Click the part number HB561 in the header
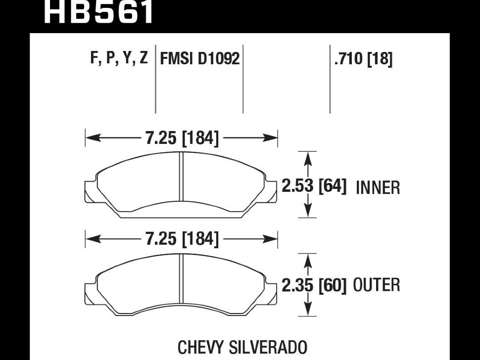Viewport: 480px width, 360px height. point(99,13)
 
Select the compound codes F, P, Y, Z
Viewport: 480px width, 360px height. point(119,58)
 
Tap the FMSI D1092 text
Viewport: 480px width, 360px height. point(199,59)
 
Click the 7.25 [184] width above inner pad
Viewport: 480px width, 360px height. point(182,138)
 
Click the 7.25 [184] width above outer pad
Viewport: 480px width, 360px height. point(182,239)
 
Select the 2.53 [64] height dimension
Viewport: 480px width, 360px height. point(314,186)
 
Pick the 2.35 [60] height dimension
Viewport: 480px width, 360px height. point(314,285)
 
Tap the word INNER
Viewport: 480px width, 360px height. point(378,188)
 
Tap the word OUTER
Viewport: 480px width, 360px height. point(377,285)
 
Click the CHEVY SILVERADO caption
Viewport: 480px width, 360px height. point(242,347)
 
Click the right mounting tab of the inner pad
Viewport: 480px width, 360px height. point(272,191)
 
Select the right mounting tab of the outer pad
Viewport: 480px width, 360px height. point(272,292)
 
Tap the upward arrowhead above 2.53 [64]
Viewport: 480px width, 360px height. point(309,157)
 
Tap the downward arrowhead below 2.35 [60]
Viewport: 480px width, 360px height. point(309,311)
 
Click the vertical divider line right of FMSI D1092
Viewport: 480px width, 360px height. point(243,79)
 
